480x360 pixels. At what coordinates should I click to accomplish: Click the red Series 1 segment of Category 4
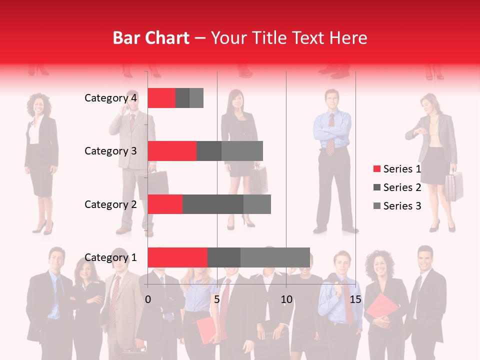(x=161, y=98)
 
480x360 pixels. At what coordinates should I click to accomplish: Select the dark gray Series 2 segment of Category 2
(x=212, y=204)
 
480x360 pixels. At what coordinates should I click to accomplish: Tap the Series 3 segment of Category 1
(x=275, y=257)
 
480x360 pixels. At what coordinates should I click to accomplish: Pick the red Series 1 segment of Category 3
(x=172, y=151)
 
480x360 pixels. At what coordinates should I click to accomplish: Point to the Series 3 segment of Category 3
(x=242, y=151)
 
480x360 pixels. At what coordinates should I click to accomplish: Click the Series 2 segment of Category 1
(x=223, y=257)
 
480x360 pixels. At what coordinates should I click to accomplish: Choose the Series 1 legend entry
(x=397, y=169)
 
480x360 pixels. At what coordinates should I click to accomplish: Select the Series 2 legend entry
(x=397, y=187)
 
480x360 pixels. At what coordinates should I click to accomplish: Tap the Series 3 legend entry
(x=397, y=206)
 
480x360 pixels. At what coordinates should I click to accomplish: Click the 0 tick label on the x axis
(x=148, y=300)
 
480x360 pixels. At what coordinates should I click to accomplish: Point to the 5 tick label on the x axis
(x=217, y=300)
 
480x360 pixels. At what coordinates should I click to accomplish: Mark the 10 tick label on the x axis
(x=286, y=300)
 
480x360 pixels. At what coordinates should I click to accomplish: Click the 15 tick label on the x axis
(x=355, y=300)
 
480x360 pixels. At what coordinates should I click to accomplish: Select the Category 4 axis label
(x=110, y=98)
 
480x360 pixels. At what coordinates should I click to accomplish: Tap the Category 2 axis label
(x=110, y=204)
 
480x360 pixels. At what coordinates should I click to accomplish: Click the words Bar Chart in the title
(x=151, y=38)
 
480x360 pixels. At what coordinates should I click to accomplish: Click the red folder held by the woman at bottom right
(x=381, y=307)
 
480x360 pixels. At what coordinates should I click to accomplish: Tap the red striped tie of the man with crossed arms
(x=330, y=134)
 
